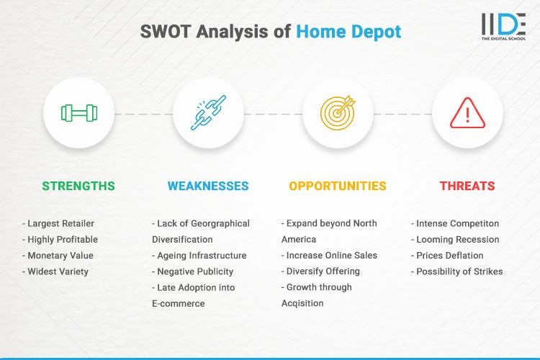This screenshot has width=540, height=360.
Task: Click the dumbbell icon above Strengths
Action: tap(78, 113)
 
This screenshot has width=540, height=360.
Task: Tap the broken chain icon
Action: tap(208, 113)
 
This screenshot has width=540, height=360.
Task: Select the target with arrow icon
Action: tap(338, 113)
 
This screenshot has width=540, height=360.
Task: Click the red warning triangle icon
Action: tap(467, 113)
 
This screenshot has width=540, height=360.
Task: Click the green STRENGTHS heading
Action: tap(78, 186)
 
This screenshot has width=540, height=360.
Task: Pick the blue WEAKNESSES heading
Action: tap(208, 186)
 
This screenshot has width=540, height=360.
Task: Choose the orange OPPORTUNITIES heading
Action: tap(338, 186)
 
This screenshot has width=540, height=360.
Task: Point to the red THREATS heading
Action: tap(467, 186)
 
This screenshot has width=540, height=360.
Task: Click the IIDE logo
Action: tap(503, 27)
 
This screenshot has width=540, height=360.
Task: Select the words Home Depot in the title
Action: tap(348, 32)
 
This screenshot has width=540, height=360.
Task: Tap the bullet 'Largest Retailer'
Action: tap(60, 224)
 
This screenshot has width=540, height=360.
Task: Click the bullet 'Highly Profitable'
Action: tap(63, 240)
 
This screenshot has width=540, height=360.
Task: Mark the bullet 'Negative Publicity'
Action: tap(193, 271)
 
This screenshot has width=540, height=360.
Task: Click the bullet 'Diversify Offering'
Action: tap(323, 271)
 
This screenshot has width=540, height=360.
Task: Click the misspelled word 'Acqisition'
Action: tap(302, 303)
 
